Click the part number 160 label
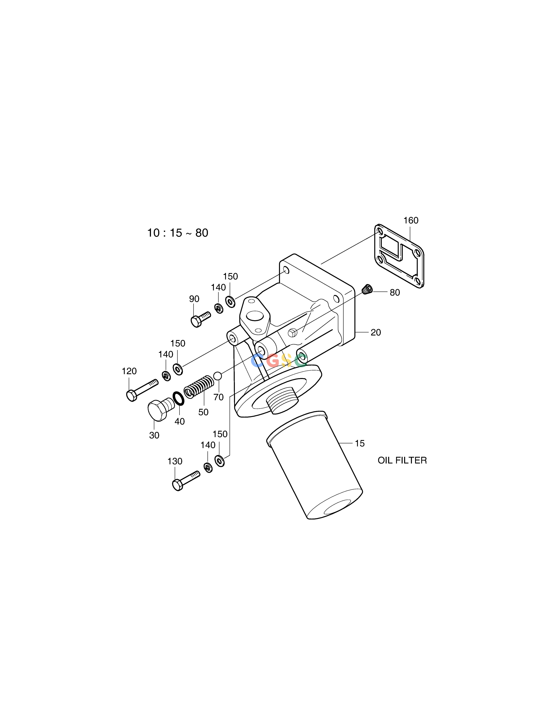tap(411, 221)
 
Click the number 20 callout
tap(376, 332)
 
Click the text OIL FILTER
tap(402, 460)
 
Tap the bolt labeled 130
tap(186, 481)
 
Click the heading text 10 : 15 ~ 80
tap(177, 233)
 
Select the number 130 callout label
tap(175, 461)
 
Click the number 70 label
tap(218, 397)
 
